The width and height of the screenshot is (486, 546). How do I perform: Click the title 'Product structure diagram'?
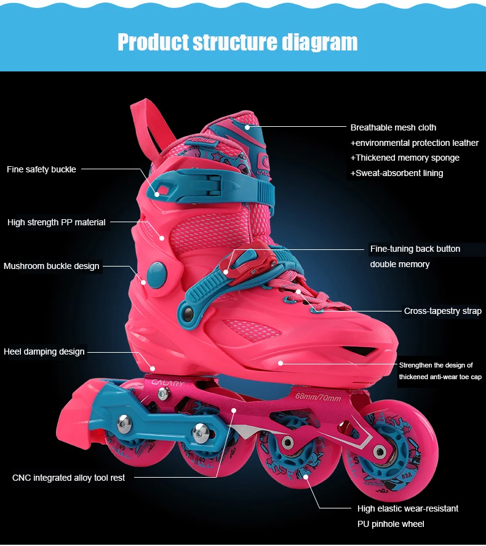click(x=237, y=42)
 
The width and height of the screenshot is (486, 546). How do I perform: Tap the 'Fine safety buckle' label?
click(x=41, y=169)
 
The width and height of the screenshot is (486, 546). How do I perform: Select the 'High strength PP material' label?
click(x=57, y=222)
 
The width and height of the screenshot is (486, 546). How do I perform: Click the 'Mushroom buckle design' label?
click(x=51, y=266)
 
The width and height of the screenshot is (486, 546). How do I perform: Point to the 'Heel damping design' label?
click(x=44, y=351)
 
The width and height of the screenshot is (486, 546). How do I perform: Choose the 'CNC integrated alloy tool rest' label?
click(x=68, y=478)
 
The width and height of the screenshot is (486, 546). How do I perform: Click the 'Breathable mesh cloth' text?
click(x=393, y=127)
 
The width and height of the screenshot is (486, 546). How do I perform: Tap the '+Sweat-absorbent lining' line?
click(x=397, y=173)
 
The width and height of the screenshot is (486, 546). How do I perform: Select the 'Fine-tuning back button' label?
click(x=415, y=249)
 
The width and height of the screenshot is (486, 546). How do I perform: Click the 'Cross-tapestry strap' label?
click(x=442, y=311)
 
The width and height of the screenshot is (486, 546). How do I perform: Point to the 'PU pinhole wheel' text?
click(x=391, y=524)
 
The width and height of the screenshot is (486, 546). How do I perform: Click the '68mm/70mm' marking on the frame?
click(x=317, y=396)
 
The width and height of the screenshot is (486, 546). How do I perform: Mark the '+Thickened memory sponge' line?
click(x=405, y=158)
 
